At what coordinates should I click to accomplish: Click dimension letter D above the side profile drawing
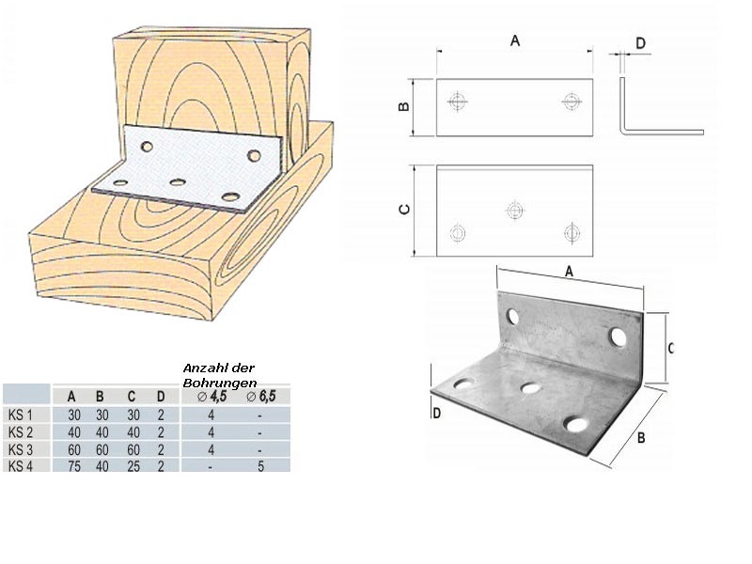[x=641, y=42]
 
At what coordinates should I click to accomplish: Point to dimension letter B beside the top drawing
[x=403, y=106]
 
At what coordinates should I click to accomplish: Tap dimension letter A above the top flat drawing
[x=514, y=40]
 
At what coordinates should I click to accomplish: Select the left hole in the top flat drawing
[x=457, y=101]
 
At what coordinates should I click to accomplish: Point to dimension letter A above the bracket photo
[x=570, y=271]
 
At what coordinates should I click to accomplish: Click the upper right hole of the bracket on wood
[x=253, y=153]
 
